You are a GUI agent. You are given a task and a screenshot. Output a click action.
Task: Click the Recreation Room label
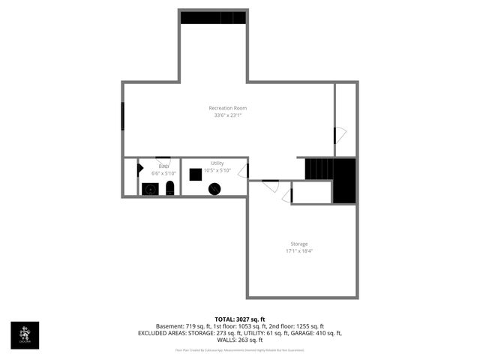click(x=228, y=108)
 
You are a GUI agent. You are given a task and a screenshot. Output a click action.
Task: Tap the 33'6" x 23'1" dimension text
click(x=228, y=115)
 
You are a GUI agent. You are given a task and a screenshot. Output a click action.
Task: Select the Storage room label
click(x=299, y=244)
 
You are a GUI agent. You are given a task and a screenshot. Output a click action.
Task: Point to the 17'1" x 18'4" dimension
click(x=299, y=251)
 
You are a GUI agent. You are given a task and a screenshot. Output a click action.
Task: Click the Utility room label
click(x=217, y=163)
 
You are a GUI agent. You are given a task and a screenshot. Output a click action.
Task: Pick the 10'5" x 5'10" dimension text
click(x=217, y=170)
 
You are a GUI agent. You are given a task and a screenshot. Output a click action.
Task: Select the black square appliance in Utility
click(x=195, y=174)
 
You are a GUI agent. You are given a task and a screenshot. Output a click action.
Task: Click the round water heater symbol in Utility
click(x=214, y=189)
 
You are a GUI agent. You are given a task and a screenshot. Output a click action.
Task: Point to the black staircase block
click(x=343, y=181)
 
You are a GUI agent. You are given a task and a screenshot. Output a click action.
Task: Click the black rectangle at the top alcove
click(x=214, y=17)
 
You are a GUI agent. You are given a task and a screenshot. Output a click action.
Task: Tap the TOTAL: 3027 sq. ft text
click(x=240, y=319)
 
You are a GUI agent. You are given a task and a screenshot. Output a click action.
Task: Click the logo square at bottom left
click(x=25, y=335)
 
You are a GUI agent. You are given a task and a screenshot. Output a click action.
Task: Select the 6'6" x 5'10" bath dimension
click(x=163, y=173)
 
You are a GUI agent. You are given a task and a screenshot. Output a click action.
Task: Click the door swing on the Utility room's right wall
click(x=244, y=171)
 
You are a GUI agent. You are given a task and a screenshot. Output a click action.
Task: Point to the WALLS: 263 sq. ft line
click(x=240, y=340)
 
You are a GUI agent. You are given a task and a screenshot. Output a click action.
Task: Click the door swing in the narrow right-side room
click(x=340, y=136)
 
